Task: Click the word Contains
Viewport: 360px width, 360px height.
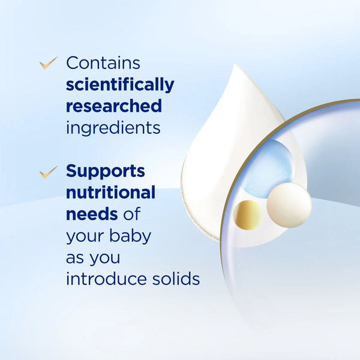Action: pos(103,62)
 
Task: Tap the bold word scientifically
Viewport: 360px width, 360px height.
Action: pos(120,85)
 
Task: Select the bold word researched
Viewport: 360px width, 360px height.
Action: pos(114,106)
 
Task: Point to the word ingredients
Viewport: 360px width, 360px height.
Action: pos(113,128)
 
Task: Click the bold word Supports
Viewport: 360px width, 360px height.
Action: pos(106,172)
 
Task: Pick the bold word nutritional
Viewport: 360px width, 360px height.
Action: pos(110,192)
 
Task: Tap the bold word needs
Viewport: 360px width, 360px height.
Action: pos(92,214)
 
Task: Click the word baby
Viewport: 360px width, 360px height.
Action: pos(130,236)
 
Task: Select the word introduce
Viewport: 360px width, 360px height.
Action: pos(106,278)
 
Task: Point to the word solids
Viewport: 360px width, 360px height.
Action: pos(176,278)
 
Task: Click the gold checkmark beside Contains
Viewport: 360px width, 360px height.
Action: pos(48,63)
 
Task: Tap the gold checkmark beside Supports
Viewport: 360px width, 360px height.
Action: pos(48,172)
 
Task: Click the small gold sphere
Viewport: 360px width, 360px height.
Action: pos(248,215)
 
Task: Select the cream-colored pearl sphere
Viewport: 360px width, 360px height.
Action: pos(289,205)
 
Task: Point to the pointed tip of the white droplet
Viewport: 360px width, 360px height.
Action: pos(235,64)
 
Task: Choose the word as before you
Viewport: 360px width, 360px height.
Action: pos(74,258)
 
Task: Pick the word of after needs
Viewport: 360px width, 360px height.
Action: pos(131,214)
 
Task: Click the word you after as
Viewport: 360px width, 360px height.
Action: pos(104,259)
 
